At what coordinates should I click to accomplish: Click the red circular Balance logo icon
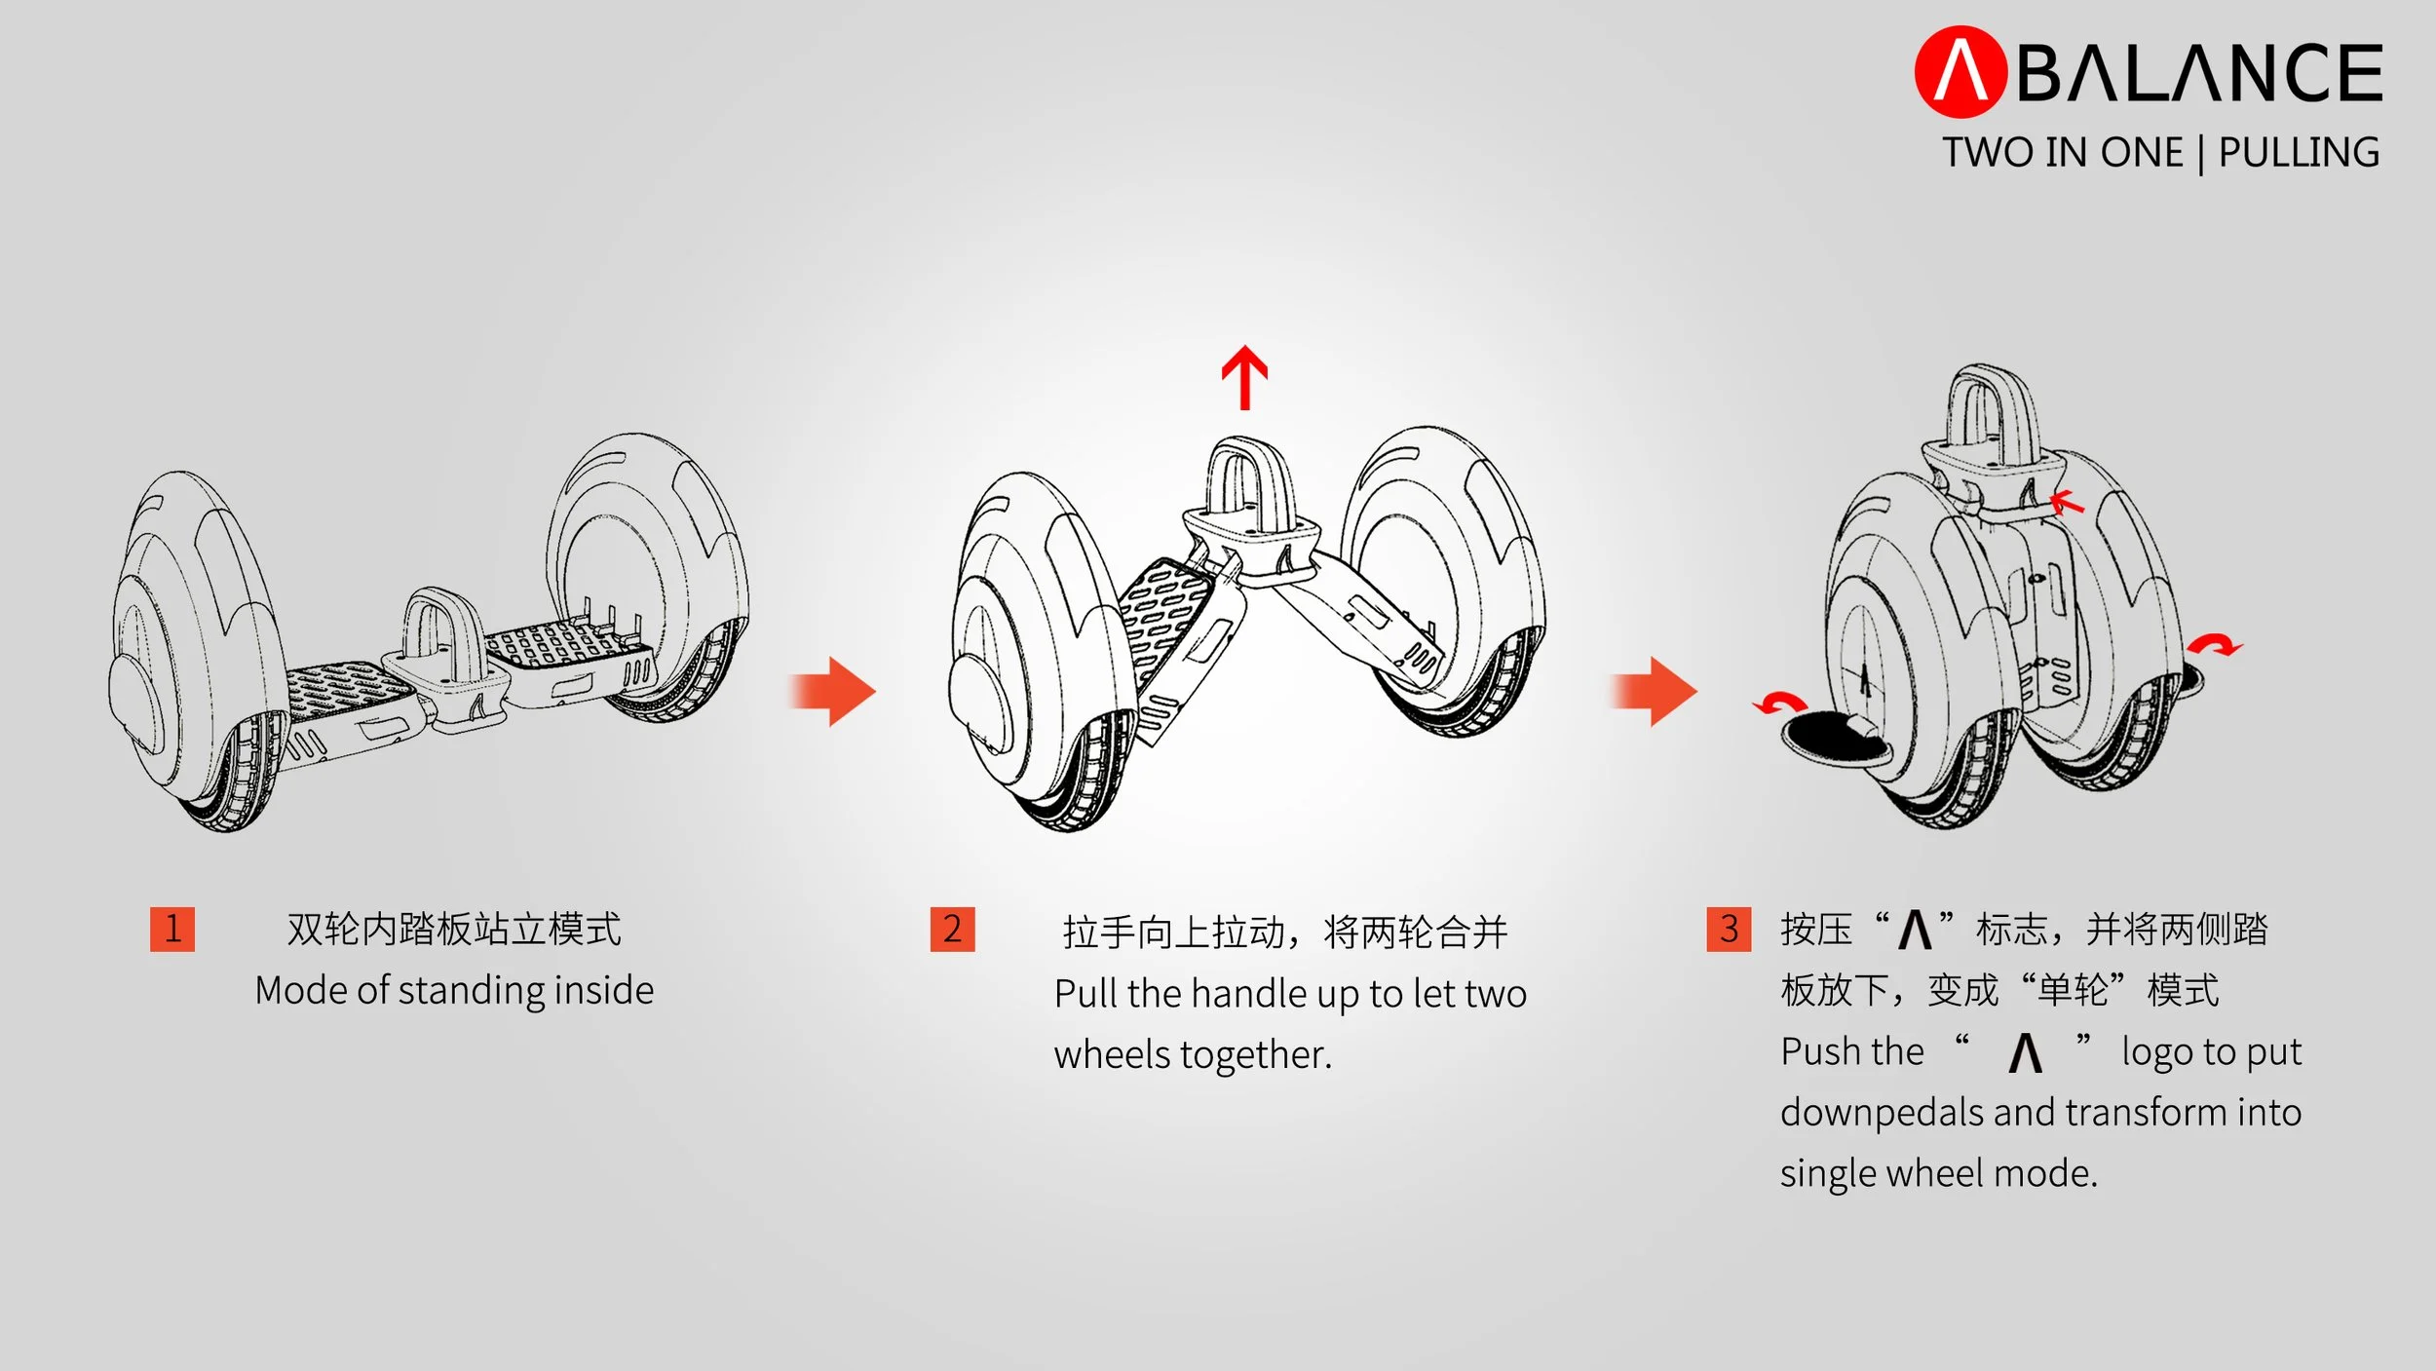(x=1960, y=71)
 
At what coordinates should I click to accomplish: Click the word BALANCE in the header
(x=2199, y=73)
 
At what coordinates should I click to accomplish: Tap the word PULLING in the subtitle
(x=2299, y=153)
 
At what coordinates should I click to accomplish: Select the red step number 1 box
(x=172, y=929)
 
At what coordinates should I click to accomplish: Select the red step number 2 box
(x=952, y=929)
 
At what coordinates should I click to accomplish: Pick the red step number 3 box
(x=1729, y=929)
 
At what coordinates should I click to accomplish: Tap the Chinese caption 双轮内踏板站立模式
(x=454, y=929)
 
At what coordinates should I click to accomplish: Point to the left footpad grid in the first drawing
(x=351, y=687)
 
